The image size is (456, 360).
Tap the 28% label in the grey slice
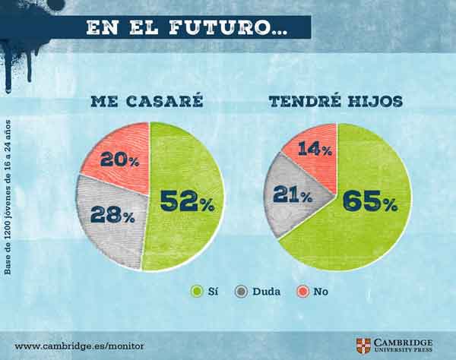click(112, 214)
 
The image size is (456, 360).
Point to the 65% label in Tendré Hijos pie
click(370, 201)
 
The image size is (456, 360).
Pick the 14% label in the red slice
click(315, 149)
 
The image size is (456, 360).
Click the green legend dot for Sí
click(197, 290)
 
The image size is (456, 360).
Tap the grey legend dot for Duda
click(242, 290)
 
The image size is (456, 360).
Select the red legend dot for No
click(302, 290)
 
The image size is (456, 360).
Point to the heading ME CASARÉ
click(147, 101)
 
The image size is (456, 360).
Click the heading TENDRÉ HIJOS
click(334, 101)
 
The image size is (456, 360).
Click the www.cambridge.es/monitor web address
click(79, 346)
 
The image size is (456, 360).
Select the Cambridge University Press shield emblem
click(363, 346)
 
